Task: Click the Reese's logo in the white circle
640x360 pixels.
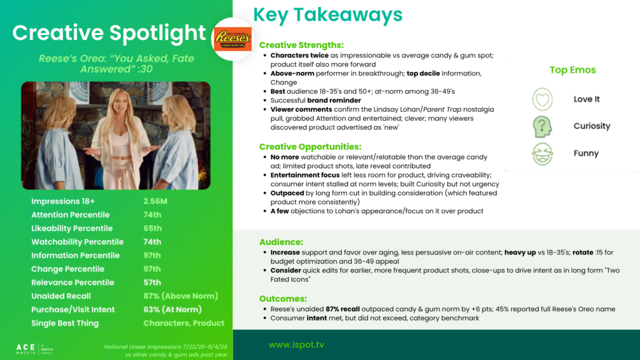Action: [x=232, y=39]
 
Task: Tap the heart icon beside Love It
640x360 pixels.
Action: [x=542, y=99]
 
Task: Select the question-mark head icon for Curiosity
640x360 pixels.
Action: [x=542, y=126]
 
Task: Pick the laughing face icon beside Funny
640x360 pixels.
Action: [x=542, y=154]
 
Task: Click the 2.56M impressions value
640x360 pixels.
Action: [x=155, y=201]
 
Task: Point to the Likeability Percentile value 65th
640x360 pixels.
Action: [x=152, y=228]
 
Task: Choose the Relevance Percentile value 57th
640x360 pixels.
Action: [x=152, y=282]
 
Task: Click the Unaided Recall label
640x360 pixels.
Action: [x=61, y=296]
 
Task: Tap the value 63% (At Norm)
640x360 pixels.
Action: [x=172, y=309]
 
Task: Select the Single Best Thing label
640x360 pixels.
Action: [x=65, y=323]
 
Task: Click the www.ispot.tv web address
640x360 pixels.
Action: [x=296, y=345]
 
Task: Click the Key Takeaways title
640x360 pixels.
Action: [x=327, y=15]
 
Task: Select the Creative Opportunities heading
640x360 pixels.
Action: [x=310, y=146]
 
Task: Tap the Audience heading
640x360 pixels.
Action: [x=281, y=242]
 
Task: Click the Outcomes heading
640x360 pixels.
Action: [x=283, y=299]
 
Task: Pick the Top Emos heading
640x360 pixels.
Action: [x=572, y=70]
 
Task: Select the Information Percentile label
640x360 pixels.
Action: [x=76, y=256]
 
